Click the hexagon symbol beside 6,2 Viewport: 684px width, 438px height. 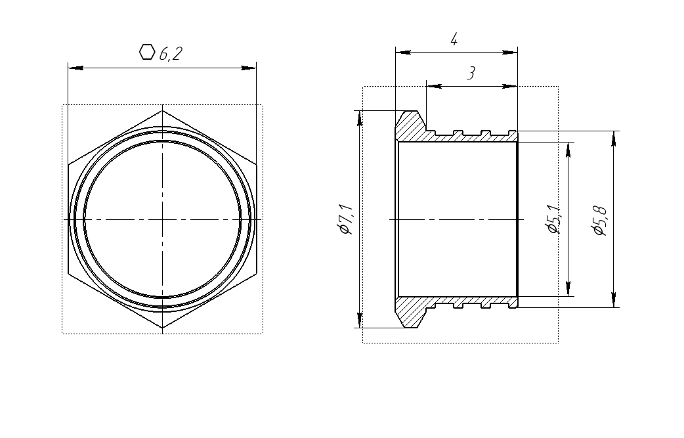point(147,52)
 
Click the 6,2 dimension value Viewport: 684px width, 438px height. point(171,54)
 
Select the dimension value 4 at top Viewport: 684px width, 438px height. point(454,39)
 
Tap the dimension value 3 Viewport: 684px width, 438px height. point(471,74)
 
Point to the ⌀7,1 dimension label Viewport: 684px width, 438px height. point(346,219)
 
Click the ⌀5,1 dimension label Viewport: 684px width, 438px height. point(555,219)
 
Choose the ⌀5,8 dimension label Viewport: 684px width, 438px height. point(601,221)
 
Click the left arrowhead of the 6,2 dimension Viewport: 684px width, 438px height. point(75,68)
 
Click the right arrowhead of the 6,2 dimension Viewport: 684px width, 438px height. point(249,68)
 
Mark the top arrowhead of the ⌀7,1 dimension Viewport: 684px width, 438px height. point(360,118)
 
